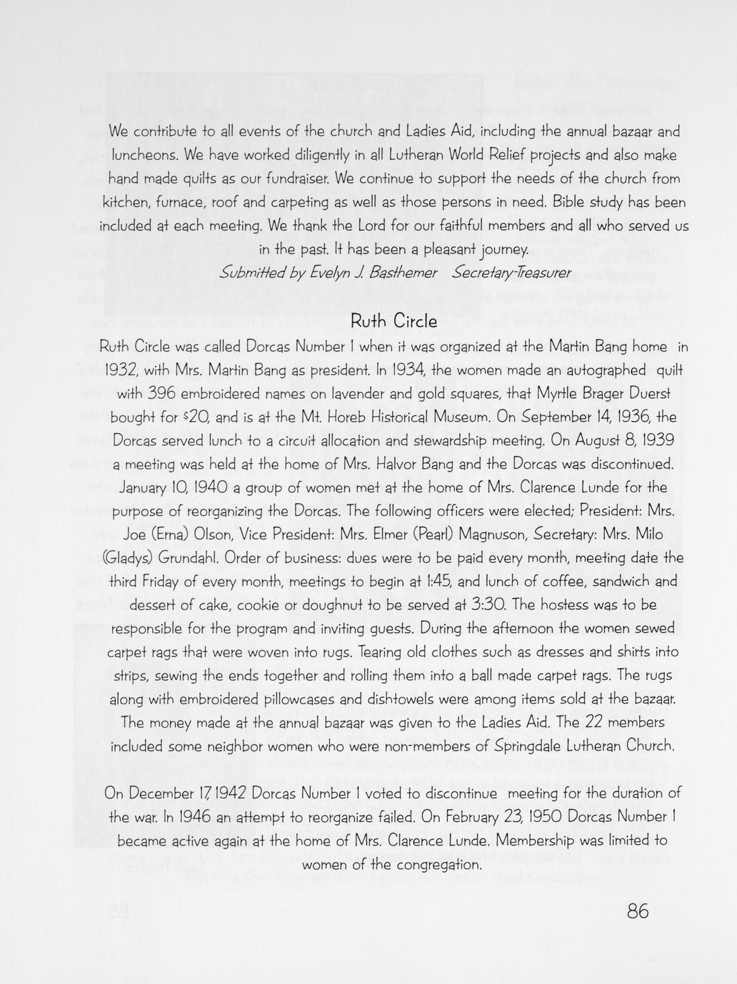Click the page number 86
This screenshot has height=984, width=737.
(638, 911)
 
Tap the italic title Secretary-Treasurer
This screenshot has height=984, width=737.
(512, 273)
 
